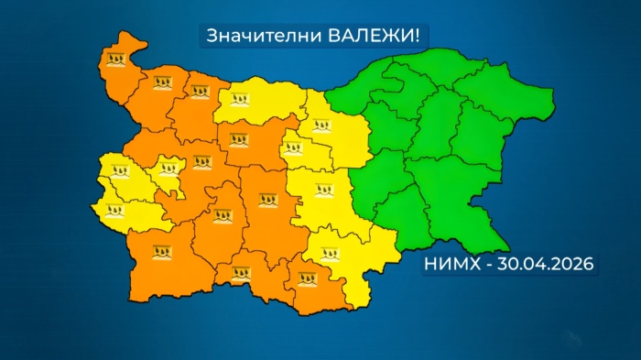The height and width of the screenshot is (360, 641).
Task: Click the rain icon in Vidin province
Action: [115, 60]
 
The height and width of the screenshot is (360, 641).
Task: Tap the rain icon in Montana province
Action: [164, 83]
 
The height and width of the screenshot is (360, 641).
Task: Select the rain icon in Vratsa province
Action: [199, 92]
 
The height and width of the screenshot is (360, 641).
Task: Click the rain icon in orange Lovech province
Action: [240, 140]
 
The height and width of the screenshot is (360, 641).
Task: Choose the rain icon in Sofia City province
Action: [170, 169]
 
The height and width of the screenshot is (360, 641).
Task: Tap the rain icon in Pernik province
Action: [121, 170]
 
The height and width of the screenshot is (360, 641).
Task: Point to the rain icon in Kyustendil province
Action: [114, 210]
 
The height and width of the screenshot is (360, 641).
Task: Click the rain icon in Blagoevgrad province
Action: [164, 250]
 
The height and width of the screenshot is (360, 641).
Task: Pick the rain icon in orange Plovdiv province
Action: [267, 198]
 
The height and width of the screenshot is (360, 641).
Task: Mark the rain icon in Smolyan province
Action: [241, 272]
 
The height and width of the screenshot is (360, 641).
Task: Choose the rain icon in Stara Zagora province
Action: [323, 191]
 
